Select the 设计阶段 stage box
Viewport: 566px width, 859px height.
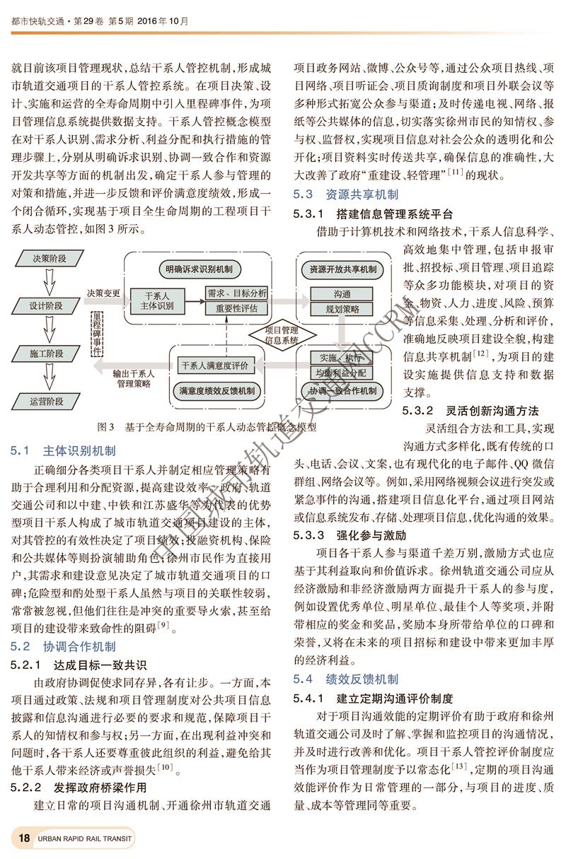coord(46,306)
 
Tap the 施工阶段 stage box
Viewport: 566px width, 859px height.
coord(46,353)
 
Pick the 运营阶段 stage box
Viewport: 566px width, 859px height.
coord(46,402)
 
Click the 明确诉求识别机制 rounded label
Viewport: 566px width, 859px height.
coord(199,269)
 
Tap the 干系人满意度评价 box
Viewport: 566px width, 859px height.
coord(214,366)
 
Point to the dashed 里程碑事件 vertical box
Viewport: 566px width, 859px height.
coord(96,331)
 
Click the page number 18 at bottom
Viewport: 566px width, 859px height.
coord(23,838)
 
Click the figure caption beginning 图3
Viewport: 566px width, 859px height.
coord(204,427)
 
